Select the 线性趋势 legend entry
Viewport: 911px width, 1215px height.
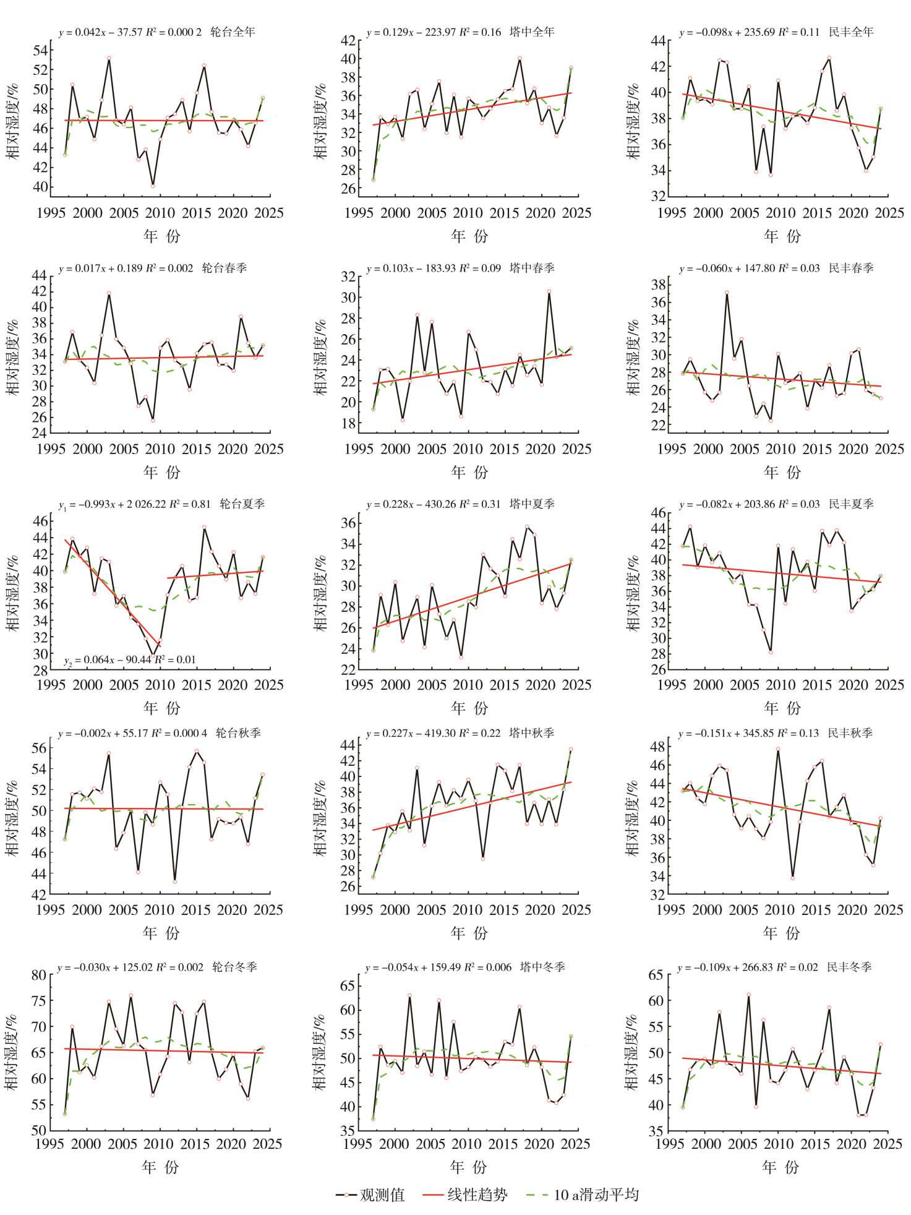(x=464, y=1195)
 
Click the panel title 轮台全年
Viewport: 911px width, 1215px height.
(x=233, y=32)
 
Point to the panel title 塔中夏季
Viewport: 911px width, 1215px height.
(x=532, y=504)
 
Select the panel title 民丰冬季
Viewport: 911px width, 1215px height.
(x=849, y=966)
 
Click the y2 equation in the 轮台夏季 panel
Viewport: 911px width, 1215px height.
(x=130, y=660)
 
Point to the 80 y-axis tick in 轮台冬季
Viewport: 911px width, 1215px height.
(x=39, y=975)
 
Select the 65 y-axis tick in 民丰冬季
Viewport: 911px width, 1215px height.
(x=656, y=975)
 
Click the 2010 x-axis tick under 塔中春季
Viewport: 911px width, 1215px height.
(x=468, y=449)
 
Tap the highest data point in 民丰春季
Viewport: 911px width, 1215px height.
(x=727, y=293)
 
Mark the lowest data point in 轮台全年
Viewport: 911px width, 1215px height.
(x=153, y=186)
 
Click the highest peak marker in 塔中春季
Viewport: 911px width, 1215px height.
(x=549, y=291)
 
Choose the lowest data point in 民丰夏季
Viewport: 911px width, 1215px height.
(x=771, y=652)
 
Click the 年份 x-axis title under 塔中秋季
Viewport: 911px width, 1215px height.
(x=469, y=932)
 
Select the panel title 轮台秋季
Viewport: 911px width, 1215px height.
(x=238, y=733)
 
